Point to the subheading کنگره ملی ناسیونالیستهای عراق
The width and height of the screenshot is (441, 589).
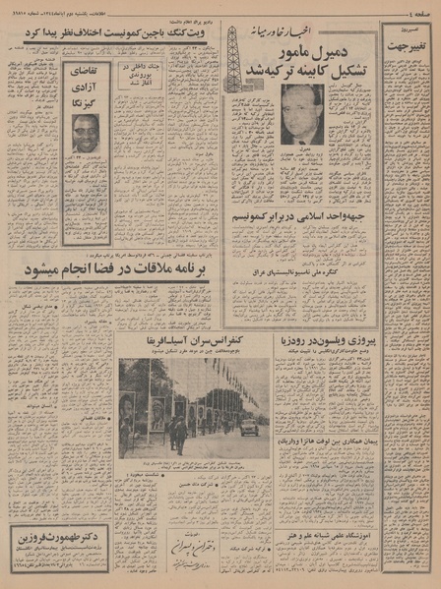click(303, 242)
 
